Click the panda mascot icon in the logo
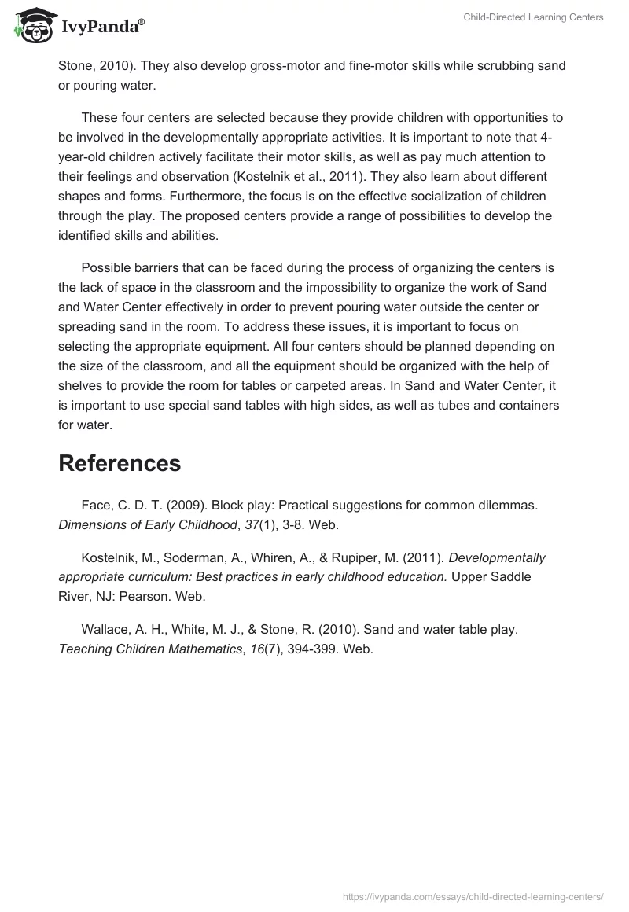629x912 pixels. [x=31, y=26]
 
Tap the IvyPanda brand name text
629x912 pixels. [x=102, y=28]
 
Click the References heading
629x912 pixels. [x=120, y=463]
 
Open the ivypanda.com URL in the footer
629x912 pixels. [x=474, y=895]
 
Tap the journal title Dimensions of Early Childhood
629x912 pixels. [x=147, y=525]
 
